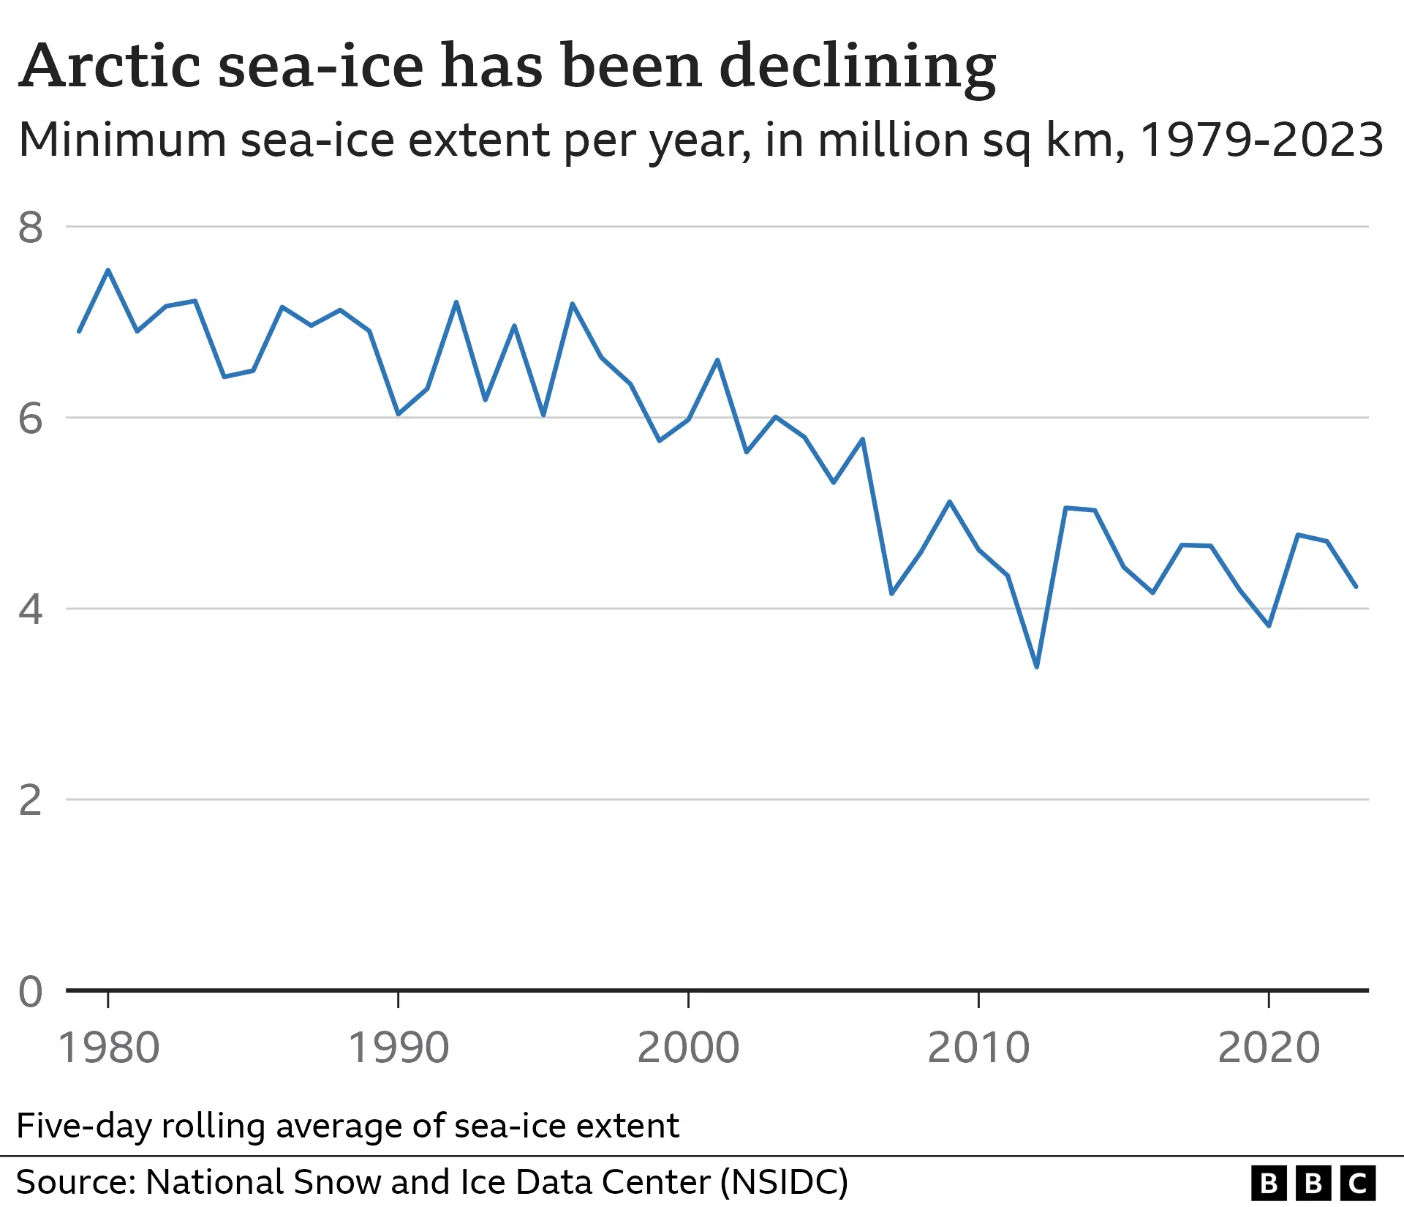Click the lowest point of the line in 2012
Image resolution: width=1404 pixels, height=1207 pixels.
click(x=1036, y=666)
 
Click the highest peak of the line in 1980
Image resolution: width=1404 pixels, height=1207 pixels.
click(x=108, y=271)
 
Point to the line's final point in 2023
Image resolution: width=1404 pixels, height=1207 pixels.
click(x=1356, y=586)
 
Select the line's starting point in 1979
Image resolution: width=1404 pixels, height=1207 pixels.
click(x=79, y=331)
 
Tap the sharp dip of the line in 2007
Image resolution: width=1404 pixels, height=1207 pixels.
click(x=891, y=593)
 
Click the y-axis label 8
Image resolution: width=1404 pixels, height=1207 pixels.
click(x=31, y=228)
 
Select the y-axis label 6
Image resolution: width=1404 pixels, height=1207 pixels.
click(x=31, y=418)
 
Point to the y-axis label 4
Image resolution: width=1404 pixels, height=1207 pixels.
click(x=31, y=609)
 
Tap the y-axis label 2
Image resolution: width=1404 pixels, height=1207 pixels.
click(x=31, y=800)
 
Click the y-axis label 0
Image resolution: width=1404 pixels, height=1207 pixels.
click(x=31, y=992)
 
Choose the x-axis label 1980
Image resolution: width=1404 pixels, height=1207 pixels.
click(x=108, y=1048)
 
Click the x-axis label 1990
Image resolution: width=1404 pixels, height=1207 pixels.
click(x=398, y=1048)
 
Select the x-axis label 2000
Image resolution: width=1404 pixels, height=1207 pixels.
click(x=688, y=1048)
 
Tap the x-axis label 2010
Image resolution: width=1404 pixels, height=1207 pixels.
click(x=978, y=1048)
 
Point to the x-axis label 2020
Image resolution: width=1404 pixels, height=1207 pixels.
click(x=1269, y=1048)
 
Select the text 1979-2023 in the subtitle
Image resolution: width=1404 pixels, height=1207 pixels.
click(x=1261, y=140)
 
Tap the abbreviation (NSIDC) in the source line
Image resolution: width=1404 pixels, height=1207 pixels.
click(x=784, y=1182)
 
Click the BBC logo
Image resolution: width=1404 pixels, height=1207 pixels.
click(x=1313, y=1183)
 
